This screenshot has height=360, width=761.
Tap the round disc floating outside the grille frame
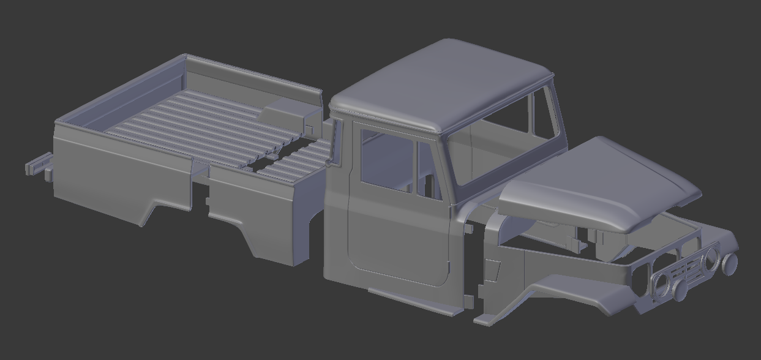730,263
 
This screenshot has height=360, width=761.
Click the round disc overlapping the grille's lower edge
680,292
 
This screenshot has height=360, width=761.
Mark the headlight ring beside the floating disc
710,257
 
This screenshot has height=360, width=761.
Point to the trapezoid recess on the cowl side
493,269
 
